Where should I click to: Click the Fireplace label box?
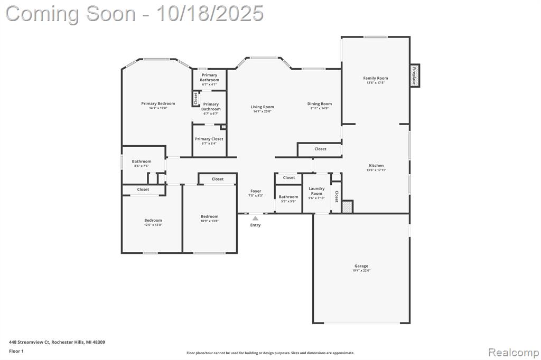415,75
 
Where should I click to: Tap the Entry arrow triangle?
255,217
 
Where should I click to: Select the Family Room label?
375,78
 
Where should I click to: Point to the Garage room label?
361,266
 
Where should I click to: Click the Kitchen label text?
376,165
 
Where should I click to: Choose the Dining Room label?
320,104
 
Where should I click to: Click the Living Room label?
262,107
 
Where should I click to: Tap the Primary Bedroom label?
158,103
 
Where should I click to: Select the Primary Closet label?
209,139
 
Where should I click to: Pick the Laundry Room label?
316,191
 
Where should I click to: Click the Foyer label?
256,191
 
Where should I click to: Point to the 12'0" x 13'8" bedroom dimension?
153,225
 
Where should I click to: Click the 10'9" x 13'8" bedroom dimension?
209,221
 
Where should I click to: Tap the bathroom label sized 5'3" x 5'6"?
288,197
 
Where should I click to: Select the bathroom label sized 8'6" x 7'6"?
142,162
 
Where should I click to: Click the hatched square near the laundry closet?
347,206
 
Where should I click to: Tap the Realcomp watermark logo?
513,352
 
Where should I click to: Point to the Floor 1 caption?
16,351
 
